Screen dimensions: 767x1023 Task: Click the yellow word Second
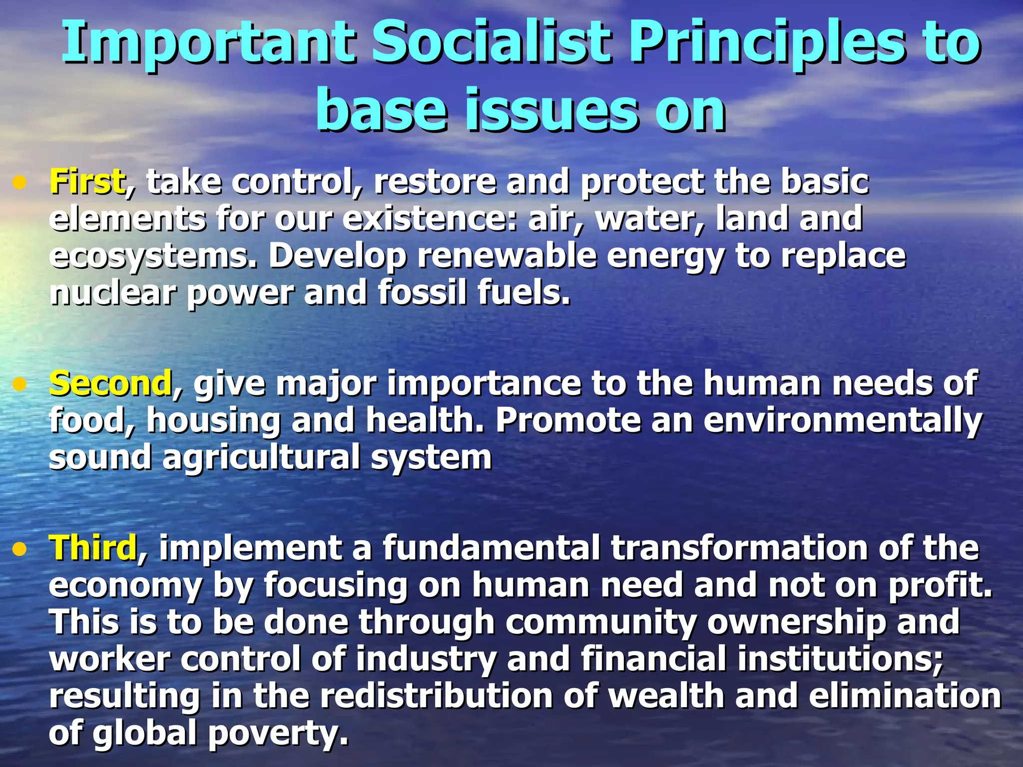click(110, 383)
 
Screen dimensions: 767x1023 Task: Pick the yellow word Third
click(93, 547)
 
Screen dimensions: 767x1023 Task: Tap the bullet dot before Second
click(19, 385)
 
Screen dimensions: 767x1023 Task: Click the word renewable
click(507, 256)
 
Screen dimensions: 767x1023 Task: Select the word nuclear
click(113, 293)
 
